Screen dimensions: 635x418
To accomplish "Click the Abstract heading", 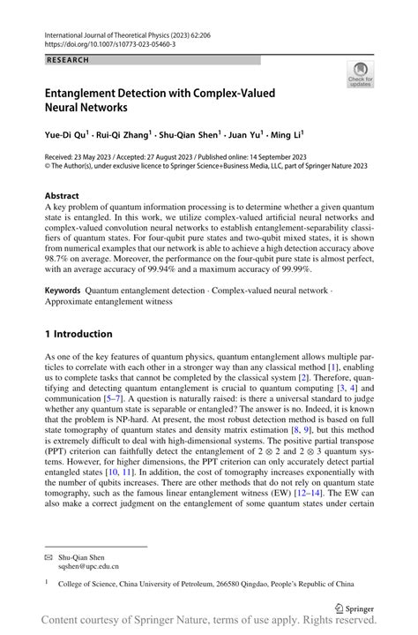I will pos(63,195).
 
